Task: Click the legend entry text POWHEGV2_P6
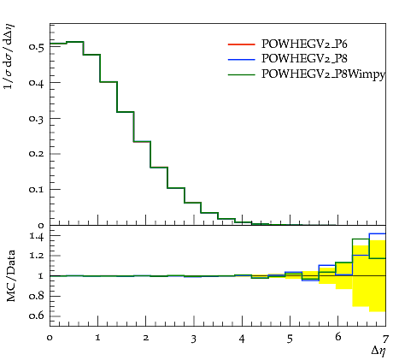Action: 304,44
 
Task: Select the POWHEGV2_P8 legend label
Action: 304,59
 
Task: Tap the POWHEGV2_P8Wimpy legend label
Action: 323,74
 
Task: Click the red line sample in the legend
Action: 241,44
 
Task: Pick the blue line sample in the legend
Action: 241,59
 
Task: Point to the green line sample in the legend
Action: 241,74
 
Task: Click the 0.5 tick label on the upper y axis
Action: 36,47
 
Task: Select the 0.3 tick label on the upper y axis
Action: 36,118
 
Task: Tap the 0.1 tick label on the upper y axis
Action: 36,189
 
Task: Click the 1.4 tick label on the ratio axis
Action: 36,236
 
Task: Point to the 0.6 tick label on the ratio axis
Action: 36,316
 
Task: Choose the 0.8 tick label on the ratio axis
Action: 36,296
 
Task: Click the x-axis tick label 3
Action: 194,339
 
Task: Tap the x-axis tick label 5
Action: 290,339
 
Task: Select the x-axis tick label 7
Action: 385,339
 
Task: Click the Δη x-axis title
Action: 378,351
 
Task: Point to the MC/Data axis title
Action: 11,276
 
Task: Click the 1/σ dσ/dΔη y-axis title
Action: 9,56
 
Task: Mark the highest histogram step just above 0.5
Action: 75,42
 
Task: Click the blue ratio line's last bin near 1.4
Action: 378,233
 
